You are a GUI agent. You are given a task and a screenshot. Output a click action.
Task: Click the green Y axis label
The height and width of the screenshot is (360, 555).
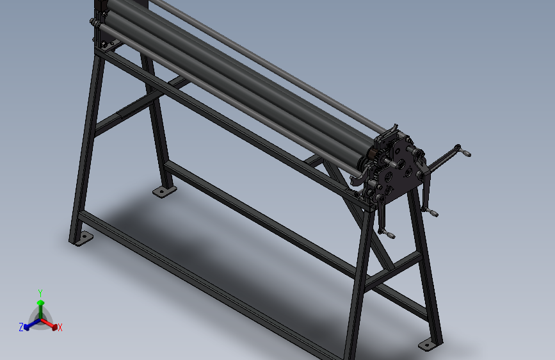[x=40, y=293]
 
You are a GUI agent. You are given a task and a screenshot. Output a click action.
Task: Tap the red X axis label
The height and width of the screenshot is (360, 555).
[x=60, y=327]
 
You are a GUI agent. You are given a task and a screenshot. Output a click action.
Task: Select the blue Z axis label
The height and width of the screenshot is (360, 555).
[x=21, y=327]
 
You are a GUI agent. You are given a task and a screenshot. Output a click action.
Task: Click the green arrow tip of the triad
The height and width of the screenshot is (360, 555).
[x=41, y=303]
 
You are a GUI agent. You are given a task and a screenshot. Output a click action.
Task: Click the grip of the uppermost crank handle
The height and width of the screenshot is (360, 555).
[x=467, y=154]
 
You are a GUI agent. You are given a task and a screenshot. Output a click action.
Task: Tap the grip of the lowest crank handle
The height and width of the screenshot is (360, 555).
[x=389, y=235]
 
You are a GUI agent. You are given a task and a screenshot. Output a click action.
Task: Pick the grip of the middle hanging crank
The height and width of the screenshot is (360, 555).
[x=433, y=213]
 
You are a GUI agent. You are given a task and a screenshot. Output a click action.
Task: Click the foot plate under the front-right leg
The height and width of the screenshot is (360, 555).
[x=427, y=344]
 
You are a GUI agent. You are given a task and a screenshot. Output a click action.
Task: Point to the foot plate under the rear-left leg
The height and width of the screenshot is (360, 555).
[x=163, y=192]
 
